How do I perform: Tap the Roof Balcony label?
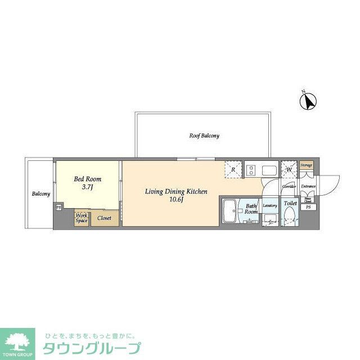[x=204, y=136]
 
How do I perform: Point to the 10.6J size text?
[x=176, y=199]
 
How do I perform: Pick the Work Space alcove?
[x=82, y=218]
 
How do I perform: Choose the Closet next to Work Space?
[x=104, y=218]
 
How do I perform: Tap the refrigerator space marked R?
[x=233, y=169]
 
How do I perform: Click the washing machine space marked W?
[x=289, y=169]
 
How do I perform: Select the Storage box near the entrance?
[x=306, y=165]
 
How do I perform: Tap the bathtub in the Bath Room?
[x=231, y=212]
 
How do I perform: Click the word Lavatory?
[x=270, y=206]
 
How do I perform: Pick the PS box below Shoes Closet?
[x=307, y=208]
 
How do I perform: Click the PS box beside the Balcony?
[x=58, y=207]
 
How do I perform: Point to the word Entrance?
[x=308, y=186]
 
